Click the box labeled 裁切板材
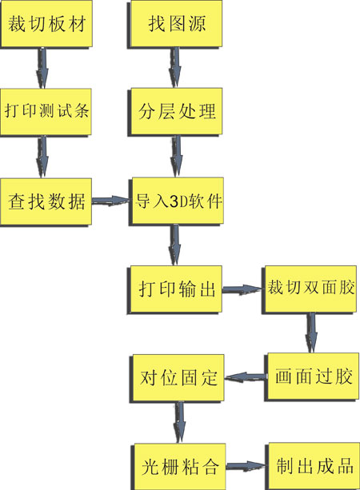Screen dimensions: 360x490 (46, 24)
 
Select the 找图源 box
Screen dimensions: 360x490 (175, 24)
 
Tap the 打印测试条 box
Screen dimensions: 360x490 (46, 112)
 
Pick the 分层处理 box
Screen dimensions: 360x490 (175, 112)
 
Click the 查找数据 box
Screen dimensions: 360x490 (46, 201)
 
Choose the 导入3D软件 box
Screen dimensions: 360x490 (177, 201)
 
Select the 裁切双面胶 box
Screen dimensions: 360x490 (310, 289)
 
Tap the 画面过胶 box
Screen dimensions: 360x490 (312, 376)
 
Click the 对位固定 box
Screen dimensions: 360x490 (177, 378)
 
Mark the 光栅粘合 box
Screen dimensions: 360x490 (178, 467)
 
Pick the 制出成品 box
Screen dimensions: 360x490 (313, 466)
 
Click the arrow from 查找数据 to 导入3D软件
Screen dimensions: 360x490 (110, 201)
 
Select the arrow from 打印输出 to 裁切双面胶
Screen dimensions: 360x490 (242, 289)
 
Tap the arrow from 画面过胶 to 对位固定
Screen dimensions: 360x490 (246, 377)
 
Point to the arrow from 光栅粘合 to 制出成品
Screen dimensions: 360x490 (246, 466)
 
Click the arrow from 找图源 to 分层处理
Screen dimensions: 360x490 (175, 68)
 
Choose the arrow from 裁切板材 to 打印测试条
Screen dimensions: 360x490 (42, 68)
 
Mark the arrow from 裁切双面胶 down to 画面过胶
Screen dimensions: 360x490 (311, 333)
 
